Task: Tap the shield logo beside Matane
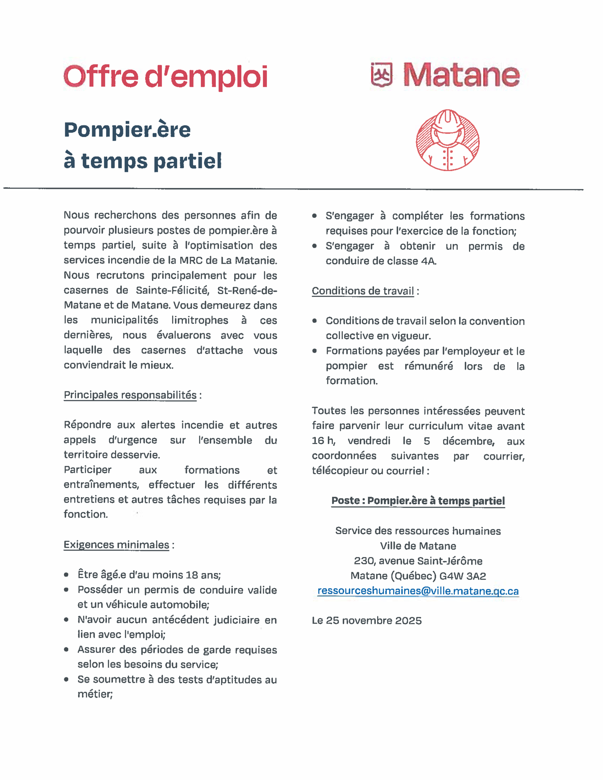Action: click(x=381, y=75)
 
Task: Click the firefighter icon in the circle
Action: click(x=447, y=140)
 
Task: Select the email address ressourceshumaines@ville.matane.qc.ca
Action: click(x=418, y=591)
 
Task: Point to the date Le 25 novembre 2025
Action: click(x=367, y=620)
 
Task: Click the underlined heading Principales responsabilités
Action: click(x=130, y=395)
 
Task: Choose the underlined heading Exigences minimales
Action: click(x=116, y=545)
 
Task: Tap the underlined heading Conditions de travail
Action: click(x=363, y=291)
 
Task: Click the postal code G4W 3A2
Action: click(x=463, y=576)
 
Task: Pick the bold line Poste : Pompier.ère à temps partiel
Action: click(x=418, y=501)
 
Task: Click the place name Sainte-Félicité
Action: click(x=172, y=290)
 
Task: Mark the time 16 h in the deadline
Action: click(x=323, y=441)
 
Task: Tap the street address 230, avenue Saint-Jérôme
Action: click(x=418, y=561)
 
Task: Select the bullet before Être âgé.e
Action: click(x=66, y=575)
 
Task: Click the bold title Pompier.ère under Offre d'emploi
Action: click(x=127, y=129)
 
